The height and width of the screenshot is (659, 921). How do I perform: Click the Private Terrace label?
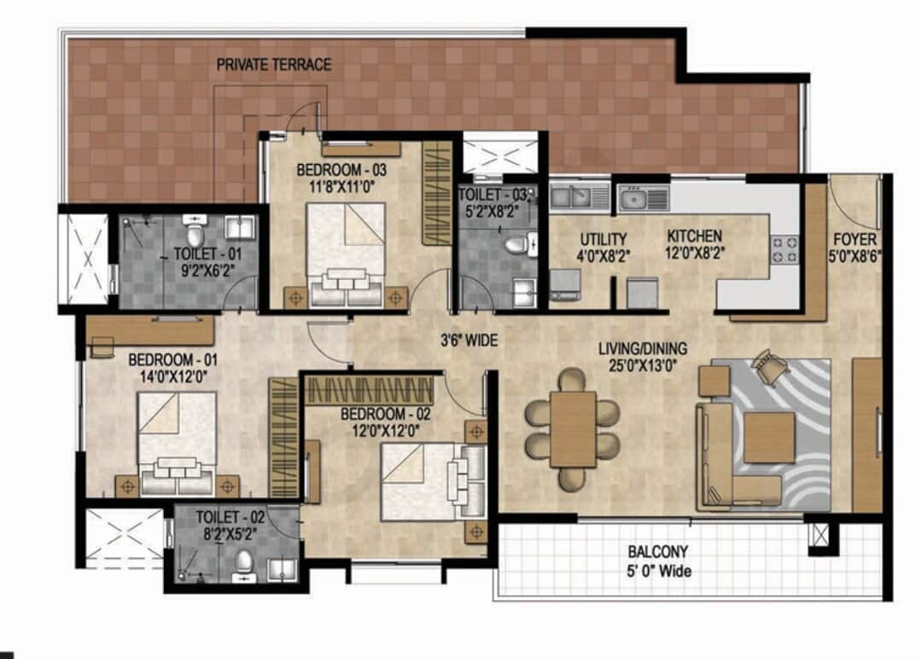point(273,65)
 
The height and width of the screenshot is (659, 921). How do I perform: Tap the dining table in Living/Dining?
point(572,429)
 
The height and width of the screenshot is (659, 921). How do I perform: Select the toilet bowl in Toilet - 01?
point(196,232)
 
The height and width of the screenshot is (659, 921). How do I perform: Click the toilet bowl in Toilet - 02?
point(244,563)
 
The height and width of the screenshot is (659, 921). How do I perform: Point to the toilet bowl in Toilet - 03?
point(516,246)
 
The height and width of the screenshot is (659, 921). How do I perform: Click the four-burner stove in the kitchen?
point(784,249)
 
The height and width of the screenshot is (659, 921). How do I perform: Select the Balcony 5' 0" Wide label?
point(657,562)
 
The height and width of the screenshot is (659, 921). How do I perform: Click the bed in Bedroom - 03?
point(346,254)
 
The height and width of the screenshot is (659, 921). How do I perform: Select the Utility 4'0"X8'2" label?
point(603,246)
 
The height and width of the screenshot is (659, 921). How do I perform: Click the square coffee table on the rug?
point(769,438)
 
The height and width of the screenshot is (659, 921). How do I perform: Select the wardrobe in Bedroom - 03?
point(437,192)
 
